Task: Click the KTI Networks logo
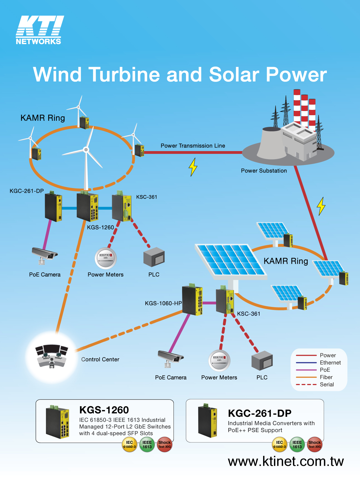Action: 39,30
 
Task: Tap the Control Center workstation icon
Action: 52,356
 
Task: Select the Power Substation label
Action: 264,171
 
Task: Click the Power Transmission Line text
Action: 193,146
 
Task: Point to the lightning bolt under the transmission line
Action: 193,167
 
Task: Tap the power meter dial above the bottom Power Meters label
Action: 219,360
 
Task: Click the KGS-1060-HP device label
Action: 163,303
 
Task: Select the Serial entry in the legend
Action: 327,385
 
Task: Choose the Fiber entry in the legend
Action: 326,377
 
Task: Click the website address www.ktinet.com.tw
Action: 286,461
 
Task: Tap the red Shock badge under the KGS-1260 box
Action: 165,444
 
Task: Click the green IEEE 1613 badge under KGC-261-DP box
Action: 297,444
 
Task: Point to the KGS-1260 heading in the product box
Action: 104,410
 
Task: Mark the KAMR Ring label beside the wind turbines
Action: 43,118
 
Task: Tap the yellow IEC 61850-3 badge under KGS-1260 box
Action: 129,444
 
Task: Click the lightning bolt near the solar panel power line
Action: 321,206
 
